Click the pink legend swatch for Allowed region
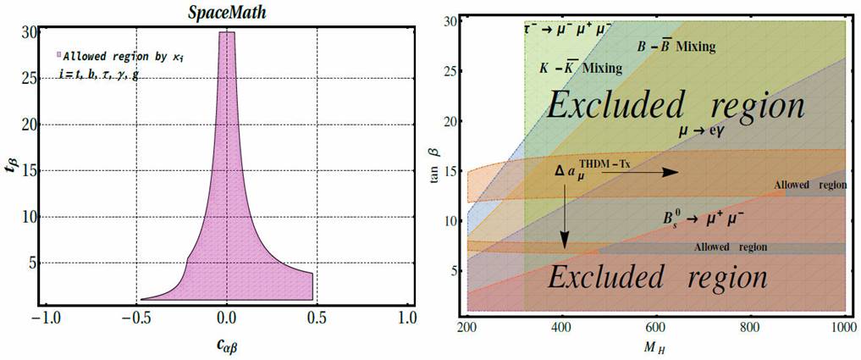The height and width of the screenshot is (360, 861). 58,55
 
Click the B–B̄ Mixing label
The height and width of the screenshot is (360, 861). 675,47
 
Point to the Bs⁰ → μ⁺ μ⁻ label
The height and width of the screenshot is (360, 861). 704,219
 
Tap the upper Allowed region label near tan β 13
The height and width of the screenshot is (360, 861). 809,185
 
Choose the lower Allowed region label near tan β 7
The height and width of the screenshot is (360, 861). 730,247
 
